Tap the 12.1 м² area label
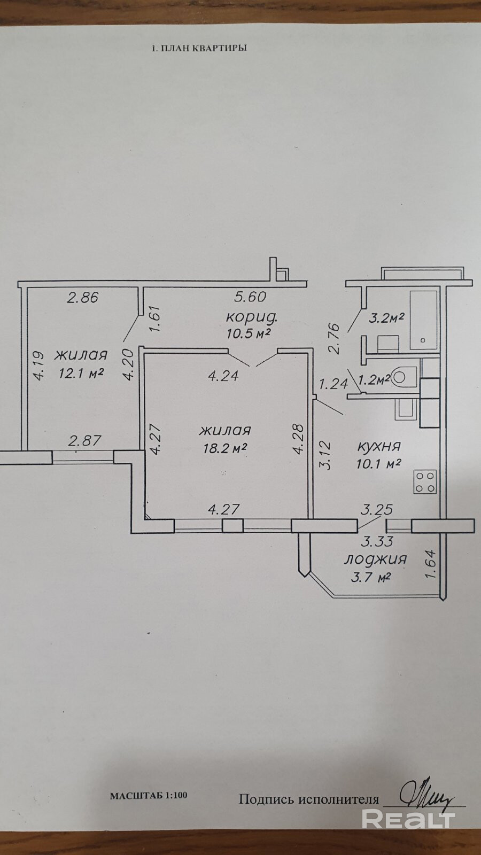pyautogui.click(x=81, y=373)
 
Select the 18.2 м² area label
pyautogui.click(x=224, y=448)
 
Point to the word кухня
pyautogui.click(x=378, y=446)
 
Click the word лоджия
pyautogui.click(x=375, y=559)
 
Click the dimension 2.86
pyautogui.click(x=82, y=298)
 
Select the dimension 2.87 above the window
pyautogui.click(x=85, y=441)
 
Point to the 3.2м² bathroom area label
pyautogui.click(x=386, y=318)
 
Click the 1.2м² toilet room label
pyautogui.click(x=374, y=380)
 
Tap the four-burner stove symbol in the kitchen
pyautogui.click(x=425, y=481)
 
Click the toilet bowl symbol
pyautogui.click(x=405, y=376)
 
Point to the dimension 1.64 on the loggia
pyautogui.click(x=433, y=564)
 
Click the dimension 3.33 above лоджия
pyautogui.click(x=377, y=542)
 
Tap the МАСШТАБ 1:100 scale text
pyautogui.click(x=149, y=795)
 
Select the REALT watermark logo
pyautogui.click(x=408, y=820)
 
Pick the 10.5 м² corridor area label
pyautogui.click(x=247, y=332)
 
